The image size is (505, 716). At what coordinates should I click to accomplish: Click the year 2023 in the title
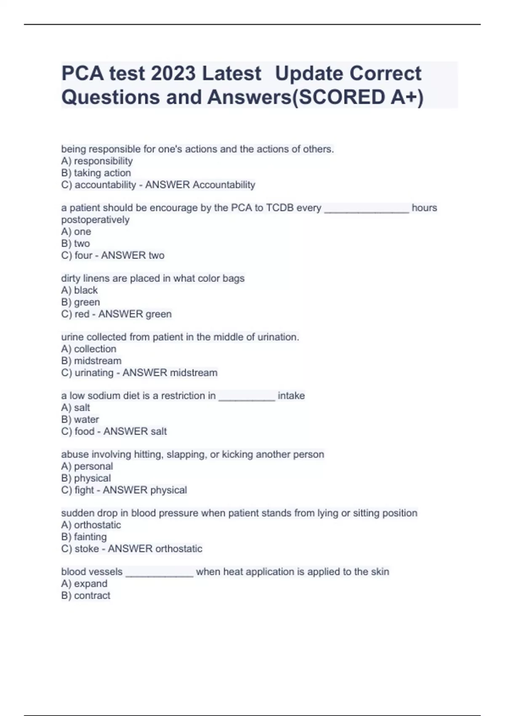[x=173, y=73]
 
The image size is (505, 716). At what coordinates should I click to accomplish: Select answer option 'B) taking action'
[x=96, y=173]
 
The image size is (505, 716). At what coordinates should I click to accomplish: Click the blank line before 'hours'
[x=367, y=210]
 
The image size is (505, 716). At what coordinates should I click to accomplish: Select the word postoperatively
[x=96, y=220]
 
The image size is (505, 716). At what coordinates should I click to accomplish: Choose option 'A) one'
[x=76, y=232]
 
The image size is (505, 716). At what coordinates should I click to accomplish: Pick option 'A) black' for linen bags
[x=80, y=290]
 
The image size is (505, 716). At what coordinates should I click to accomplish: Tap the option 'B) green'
[x=80, y=302]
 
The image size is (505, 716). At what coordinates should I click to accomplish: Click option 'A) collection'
[x=89, y=349]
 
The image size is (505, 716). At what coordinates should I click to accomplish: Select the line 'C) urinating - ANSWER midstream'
[x=139, y=373]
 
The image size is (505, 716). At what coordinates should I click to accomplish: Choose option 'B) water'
[x=80, y=419]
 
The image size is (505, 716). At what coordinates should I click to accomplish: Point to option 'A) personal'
[x=87, y=466]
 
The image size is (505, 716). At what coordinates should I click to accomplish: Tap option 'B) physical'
[x=86, y=478]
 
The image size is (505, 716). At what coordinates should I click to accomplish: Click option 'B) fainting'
[x=84, y=537]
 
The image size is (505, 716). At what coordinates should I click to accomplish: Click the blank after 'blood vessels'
[x=159, y=574]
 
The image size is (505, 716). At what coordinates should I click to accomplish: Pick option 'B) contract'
[x=86, y=596]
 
